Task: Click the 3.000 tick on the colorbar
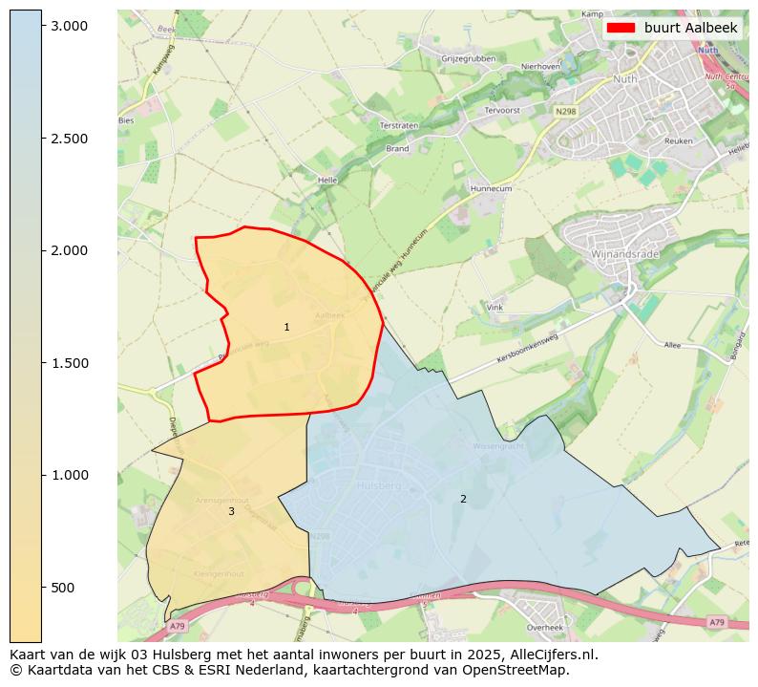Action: pos(42,26)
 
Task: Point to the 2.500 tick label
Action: pos(70,139)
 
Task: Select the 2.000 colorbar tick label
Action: pos(70,250)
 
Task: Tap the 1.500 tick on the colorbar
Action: pos(42,363)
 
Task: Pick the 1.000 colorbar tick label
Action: pos(70,475)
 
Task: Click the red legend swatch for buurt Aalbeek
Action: pos(621,29)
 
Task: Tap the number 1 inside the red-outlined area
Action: pos(286,328)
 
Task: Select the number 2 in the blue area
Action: pos(463,499)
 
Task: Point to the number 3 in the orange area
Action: pos(231,512)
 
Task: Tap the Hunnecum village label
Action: pos(492,189)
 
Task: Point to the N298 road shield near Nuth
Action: pos(566,112)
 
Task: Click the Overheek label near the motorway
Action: pos(545,628)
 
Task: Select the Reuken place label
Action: pos(678,140)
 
